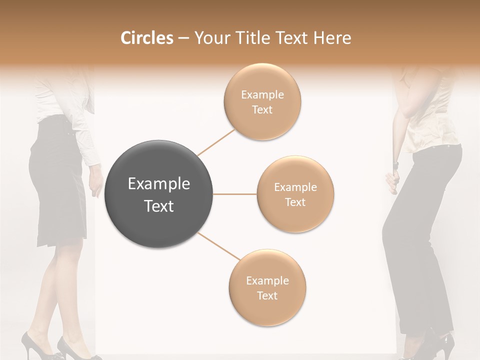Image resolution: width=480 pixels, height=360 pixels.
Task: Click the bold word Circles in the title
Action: click(x=147, y=38)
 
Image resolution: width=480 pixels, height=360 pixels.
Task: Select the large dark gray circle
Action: click(x=158, y=194)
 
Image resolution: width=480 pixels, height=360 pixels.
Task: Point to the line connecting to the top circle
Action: click(x=216, y=142)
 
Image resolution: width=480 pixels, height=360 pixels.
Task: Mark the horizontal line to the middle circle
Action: click(x=235, y=194)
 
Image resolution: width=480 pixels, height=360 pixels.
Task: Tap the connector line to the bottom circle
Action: click(x=218, y=247)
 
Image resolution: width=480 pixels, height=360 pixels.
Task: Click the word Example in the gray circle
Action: click(x=158, y=184)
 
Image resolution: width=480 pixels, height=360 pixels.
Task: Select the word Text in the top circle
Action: click(x=262, y=110)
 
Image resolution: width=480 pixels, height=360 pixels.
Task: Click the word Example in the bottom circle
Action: click(x=267, y=281)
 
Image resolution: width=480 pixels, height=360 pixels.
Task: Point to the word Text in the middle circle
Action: click(x=295, y=202)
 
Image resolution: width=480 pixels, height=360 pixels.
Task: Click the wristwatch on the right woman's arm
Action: click(x=396, y=164)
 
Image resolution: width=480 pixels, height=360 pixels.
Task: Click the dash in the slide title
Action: click(x=183, y=38)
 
